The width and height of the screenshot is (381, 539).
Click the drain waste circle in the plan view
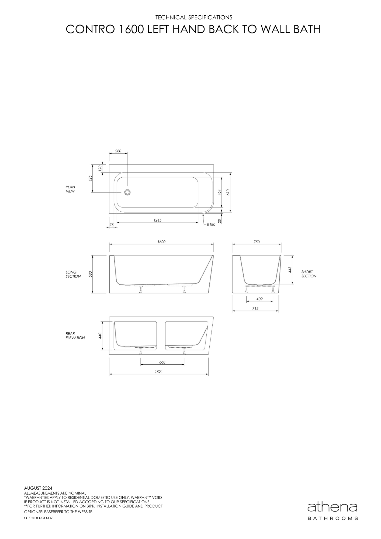point(127,192)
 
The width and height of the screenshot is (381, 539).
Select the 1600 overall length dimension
point(161,242)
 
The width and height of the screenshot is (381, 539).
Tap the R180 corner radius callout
point(211,224)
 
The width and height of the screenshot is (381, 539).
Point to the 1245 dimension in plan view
point(157,220)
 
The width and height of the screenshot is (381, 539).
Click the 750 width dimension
point(257,242)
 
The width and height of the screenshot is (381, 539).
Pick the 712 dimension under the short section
point(255,309)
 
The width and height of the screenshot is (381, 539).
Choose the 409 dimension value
point(259,299)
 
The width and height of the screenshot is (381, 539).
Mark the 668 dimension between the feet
point(162,362)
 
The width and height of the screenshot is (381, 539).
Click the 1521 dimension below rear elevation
point(159,372)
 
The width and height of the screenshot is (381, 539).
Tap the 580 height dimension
point(91,274)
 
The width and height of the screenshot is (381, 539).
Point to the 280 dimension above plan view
point(118,151)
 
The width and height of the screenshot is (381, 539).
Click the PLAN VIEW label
point(70,189)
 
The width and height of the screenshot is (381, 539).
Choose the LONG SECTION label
point(73,274)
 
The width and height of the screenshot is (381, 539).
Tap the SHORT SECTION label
point(309,274)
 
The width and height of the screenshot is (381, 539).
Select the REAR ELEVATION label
point(75,336)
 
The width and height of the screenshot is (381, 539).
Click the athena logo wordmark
point(332,508)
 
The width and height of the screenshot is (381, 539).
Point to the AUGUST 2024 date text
point(38,488)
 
